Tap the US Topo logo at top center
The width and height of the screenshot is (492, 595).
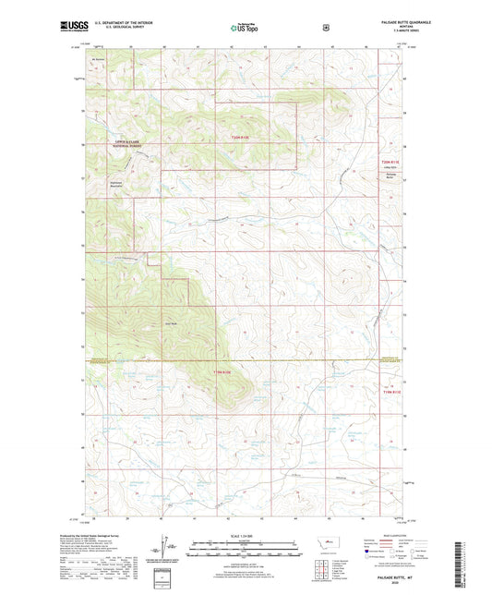(245, 29)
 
